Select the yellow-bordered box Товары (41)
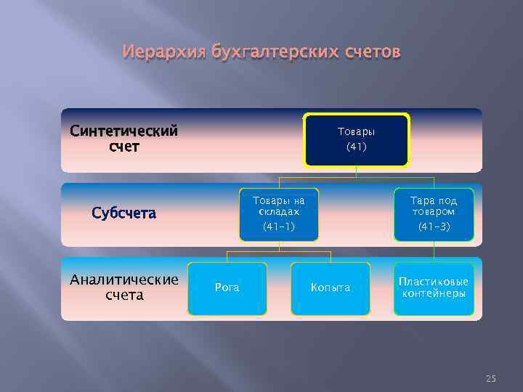click(x=357, y=139)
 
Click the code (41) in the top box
click(x=357, y=147)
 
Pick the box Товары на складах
click(x=279, y=214)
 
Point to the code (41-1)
click(x=279, y=227)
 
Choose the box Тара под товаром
click(x=434, y=214)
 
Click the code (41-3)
click(x=434, y=227)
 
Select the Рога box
click(x=227, y=288)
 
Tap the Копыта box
click(x=331, y=288)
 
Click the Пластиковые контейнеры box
click(x=434, y=288)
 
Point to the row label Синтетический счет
click(x=124, y=139)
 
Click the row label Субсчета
click(x=124, y=213)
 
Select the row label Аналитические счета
click(x=124, y=287)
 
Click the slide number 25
click(x=490, y=378)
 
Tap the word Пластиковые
click(x=434, y=282)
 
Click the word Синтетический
click(x=124, y=131)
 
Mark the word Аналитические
click(x=124, y=280)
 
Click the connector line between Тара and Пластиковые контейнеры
click(x=434, y=251)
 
